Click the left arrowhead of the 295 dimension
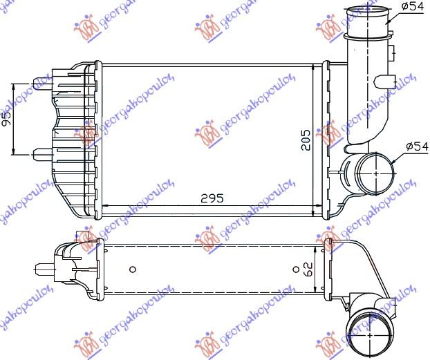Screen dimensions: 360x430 click(104, 205)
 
